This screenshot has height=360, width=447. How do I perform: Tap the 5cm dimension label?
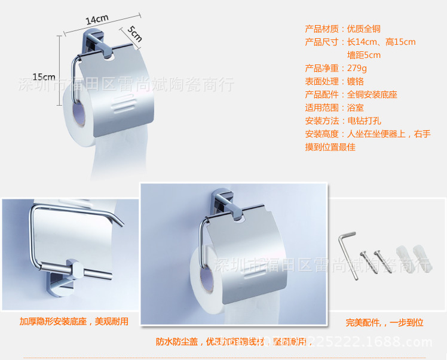click(x=134, y=35)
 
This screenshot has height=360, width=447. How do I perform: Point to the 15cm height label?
click(x=44, y=76)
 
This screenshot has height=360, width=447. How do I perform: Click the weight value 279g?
click(x=357, y=68)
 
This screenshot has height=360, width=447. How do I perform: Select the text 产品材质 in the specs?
click(x=322, y=29)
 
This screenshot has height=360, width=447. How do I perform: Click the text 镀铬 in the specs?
click(x=356, y=81)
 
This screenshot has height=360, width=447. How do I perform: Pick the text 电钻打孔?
click(x=364, y=121)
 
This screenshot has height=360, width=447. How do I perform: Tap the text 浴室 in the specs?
click(x=356, y=107)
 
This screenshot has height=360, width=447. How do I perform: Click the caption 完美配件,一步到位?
click(x=384, y=322)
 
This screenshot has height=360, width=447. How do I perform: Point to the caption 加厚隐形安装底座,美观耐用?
click(x=74, y=321)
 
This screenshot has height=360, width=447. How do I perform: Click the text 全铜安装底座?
click(x=372, y=94)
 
